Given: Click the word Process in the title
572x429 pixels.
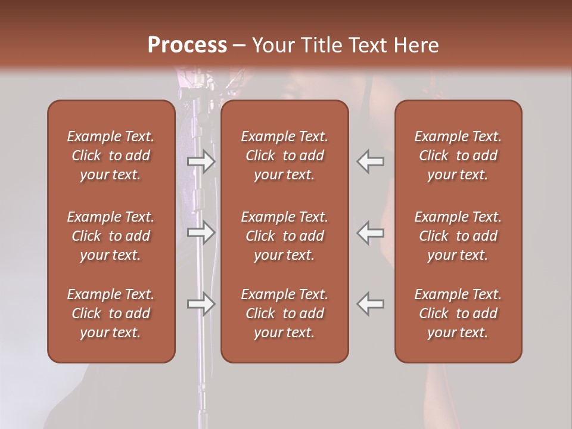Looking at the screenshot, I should coord(187,45).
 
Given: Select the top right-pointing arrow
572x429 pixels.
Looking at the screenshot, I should coord(201,161).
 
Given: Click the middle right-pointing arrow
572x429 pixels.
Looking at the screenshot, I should coord(201,232).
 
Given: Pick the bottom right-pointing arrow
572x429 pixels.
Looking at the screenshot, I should coord(201,304).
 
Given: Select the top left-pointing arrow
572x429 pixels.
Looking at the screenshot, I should coord(371,161).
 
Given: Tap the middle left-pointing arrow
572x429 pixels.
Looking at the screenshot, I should coord(371,232).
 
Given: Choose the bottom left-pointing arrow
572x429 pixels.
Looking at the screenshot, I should coord(371,304).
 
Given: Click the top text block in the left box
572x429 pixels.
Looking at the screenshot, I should coord(111,156).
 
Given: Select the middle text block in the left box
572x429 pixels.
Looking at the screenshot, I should coord(111,236).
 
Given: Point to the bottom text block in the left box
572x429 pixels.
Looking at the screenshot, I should coord(111,313).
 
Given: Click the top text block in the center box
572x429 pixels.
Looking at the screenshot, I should coord(284,156).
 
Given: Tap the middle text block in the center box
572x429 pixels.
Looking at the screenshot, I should coord(284,236).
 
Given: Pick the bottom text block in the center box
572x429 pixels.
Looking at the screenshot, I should coord(284,313).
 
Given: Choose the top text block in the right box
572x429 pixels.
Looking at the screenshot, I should coord(458,156).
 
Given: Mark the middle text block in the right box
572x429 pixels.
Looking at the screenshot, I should coord(458,236).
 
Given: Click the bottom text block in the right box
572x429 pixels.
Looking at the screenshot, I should coord(458,313).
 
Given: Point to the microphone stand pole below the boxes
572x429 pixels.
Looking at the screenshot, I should coord(202,393).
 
